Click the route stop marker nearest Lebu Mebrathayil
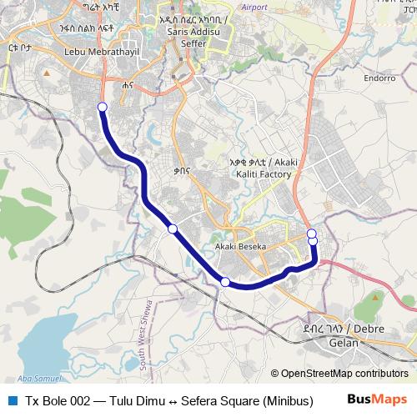(102, 107)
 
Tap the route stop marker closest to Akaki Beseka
(224, 282)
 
